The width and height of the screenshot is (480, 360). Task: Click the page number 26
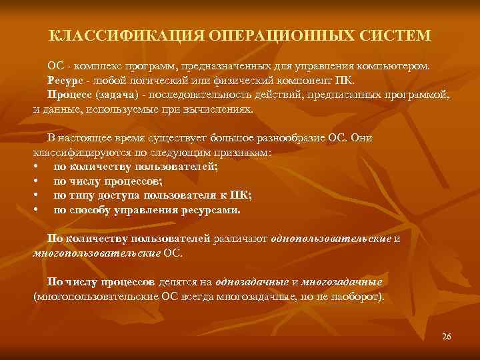(x=446, y=335)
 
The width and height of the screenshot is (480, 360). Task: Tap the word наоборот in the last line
(x=357, y=295)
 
